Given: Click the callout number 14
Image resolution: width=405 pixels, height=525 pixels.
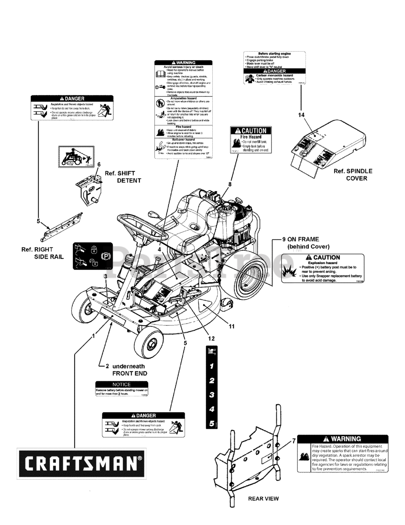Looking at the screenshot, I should coord(302,115).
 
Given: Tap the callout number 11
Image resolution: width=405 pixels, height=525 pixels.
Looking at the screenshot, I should coord(231,327).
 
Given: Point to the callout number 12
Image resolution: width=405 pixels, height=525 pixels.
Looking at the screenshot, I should coord(211,338).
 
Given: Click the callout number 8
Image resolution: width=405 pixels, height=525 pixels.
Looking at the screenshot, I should coord(230,184).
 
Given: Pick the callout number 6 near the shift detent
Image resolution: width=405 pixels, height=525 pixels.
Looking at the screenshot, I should coord(98,164).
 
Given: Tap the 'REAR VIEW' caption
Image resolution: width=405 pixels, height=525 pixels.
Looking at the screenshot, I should coord(263,499).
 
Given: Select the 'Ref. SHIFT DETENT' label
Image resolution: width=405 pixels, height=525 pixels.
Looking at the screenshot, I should coord(123,177).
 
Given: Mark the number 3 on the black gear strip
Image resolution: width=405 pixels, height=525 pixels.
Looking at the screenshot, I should coord(212,395).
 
